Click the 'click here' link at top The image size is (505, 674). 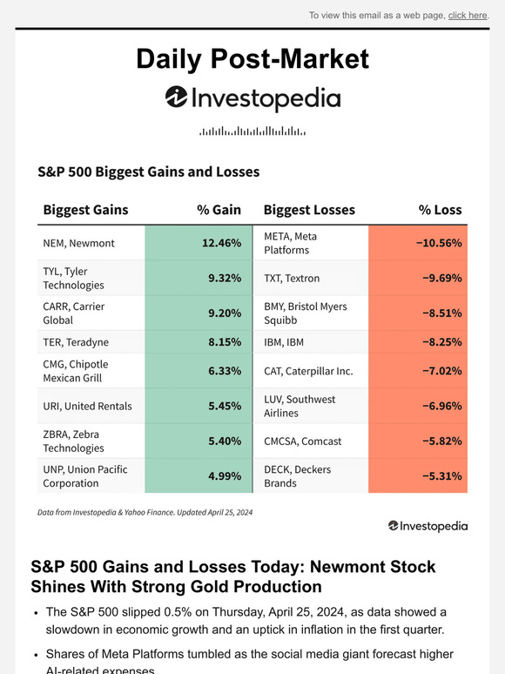(x=468, y=15)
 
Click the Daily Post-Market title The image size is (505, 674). (x=252, y=58)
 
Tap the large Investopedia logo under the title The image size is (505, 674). (x=252, y=98)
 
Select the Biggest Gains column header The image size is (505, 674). (x=85, y=210)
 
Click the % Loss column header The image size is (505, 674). (x=440, y=210)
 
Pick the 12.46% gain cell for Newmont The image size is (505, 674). (x=221, y=243)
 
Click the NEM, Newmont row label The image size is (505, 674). (x=78, y=243)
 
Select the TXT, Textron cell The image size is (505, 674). (x=292, y=278)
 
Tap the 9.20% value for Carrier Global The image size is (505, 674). (x=223, y=313)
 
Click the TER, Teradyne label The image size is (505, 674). (x=76, y=342)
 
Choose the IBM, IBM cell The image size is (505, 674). (x=284, y=342)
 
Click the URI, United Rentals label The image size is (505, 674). (x=87, y=406)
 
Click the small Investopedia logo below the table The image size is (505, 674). (x=428, y=526)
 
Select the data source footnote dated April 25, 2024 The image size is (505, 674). (x=145, y=513)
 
